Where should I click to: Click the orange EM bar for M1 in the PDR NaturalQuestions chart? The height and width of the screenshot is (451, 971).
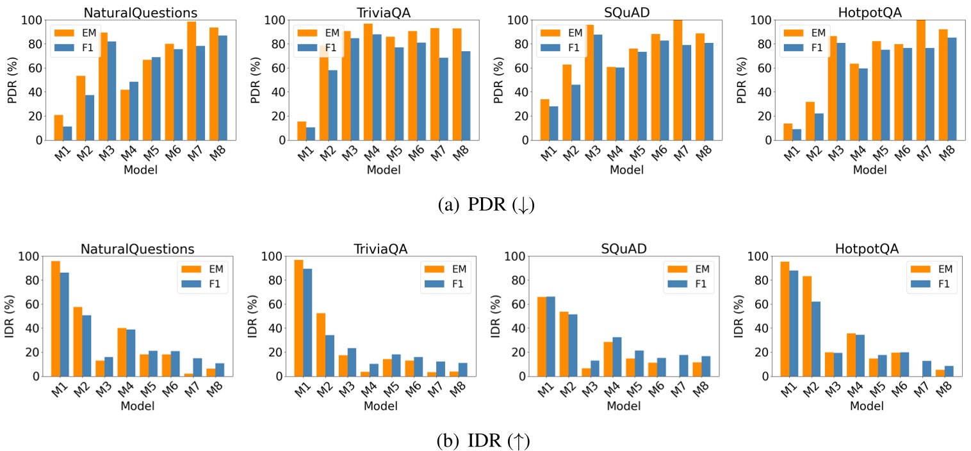coord(58,127)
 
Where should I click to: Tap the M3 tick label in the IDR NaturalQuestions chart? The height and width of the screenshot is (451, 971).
coord(99,391)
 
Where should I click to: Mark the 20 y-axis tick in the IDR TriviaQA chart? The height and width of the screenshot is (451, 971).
coord(275,352)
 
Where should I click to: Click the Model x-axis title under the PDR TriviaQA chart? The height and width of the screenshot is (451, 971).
coord(384,170)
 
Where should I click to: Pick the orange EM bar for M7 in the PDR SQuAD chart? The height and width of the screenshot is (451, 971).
coord(677,80)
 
